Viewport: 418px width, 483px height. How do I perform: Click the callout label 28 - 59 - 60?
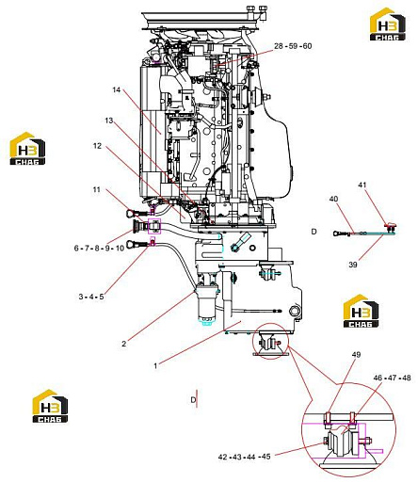(x=293, y=46)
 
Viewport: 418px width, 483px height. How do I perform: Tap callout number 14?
(x=117, y=89)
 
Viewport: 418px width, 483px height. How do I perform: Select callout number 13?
(x=109, y=121)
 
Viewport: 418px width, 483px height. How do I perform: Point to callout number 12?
(x=98, y=146)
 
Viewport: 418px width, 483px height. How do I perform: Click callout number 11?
(x=96, y=189)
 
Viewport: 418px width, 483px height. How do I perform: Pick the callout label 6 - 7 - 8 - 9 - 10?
(x=99, y=248)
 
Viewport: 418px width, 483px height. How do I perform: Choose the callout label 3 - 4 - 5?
(x=91, y=297)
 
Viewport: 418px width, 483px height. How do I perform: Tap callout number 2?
(x=124, y=344)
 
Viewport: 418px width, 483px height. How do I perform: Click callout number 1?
(x=155, y=365)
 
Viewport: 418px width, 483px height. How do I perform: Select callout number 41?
(x=362, y=185)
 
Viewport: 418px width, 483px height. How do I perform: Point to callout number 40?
(x=333, y=199)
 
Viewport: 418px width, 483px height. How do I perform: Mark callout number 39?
(x=353, y=265)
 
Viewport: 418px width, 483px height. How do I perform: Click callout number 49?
(x=356, y=355)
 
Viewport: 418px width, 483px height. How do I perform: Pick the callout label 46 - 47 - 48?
(x=392, y=378)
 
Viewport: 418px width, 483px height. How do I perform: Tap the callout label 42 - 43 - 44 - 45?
(x=244, y=457)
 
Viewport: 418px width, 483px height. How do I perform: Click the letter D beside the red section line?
(x=193, y=400)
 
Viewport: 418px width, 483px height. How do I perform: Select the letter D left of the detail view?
(x=313, y=232)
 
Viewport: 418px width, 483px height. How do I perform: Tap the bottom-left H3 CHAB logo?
(x=50, y=406)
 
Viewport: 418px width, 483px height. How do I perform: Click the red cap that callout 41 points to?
(x=390, y=225)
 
